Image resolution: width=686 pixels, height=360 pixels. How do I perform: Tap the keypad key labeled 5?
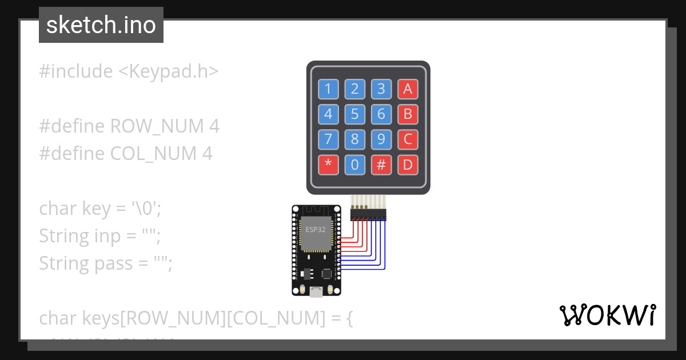click(354, 114)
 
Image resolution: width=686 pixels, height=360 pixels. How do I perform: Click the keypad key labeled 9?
click(381, 139)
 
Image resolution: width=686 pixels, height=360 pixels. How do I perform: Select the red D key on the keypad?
click(408, 165)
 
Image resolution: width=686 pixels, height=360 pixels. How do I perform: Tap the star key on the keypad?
click(328, 165)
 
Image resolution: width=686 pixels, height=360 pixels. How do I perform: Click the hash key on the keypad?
click(381, 165)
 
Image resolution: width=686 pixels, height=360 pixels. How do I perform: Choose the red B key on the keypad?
click(408, 114)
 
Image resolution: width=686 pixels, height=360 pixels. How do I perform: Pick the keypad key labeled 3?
click(381, 89)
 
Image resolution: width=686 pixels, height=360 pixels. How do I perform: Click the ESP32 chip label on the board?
click(316, 230)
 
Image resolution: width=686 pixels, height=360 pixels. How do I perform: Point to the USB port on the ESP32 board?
click(316, 293)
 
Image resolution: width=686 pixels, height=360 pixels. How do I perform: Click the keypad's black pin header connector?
click(368, 214)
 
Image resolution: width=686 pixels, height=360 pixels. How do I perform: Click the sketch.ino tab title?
click(101, 25)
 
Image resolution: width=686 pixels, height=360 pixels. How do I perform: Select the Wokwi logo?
click(608, 315)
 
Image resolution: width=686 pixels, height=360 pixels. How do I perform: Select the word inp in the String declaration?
click(106, 236)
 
